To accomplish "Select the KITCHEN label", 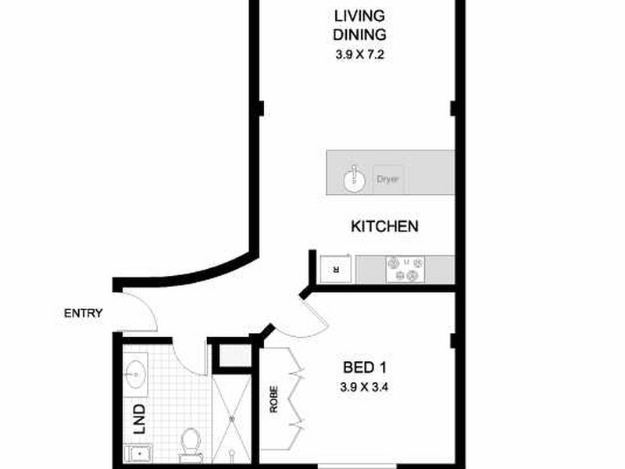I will (x=384, y=227).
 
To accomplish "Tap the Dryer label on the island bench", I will (x=388, y=179).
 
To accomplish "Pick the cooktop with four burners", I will (x=404, y=270).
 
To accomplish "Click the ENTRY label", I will (x=84, y=313).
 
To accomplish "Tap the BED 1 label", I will (x=366, y=367).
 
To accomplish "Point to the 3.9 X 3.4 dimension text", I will (x=366, y=387).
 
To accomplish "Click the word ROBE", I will (x=273, y=399).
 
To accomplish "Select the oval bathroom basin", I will (x=134, y=376).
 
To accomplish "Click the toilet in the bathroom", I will (x=189, y=442).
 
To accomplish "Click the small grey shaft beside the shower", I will (x=231, y=356).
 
